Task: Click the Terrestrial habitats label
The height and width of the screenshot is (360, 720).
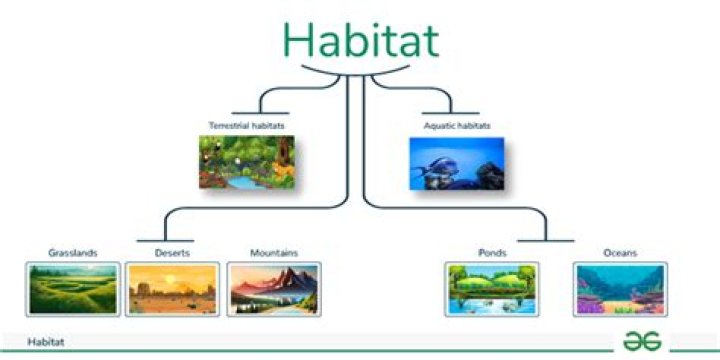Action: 245,126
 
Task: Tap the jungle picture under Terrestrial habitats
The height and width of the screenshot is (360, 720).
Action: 246,162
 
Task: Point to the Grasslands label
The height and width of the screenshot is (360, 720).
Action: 73,252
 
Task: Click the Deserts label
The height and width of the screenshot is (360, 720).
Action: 173,252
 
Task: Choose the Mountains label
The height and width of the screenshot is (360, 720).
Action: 274,252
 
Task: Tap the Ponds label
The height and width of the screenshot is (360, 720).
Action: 491,252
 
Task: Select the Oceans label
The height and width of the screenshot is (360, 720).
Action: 621,252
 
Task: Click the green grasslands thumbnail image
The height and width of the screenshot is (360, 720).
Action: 73,289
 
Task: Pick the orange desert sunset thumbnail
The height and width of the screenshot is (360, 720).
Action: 173,289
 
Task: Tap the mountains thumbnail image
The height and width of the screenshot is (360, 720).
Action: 274,289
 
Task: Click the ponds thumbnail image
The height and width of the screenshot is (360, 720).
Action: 491,289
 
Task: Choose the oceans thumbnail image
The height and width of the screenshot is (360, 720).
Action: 621,289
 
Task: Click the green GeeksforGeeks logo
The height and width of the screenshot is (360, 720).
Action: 643,341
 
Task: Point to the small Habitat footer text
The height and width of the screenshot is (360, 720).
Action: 47,342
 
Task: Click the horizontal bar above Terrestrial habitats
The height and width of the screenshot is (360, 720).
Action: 260,111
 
